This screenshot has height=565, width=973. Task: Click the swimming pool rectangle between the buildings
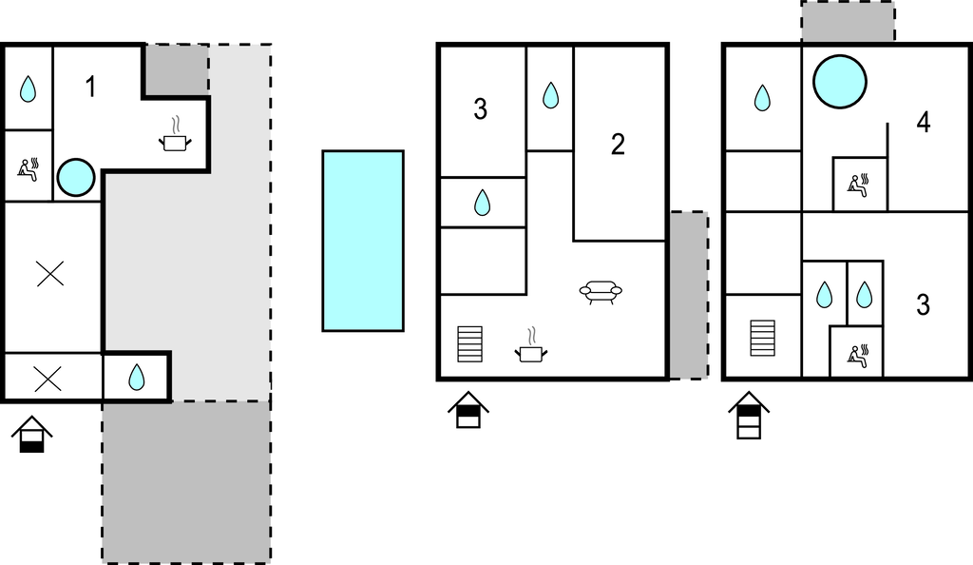pyautogui.click(x=362, y=241)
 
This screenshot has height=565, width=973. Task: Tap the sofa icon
pyautogui.click(x=600, y=292)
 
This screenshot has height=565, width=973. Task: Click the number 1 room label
pyautogui.click(x=90, y=88)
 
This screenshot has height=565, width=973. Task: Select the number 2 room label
pyautogui.click(x=618, y=145)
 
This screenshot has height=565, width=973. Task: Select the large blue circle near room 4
pyautogui.click(x=840, y=81)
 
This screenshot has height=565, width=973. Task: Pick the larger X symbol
pyautogui.click(x=49, y=276)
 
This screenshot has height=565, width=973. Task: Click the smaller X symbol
pyautogui.click(x=48, y=379)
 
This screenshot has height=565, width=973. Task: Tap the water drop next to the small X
pyautogui.click(x=137, y=378)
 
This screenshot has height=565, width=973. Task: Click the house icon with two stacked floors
pyautogui.click(x=749, y=417)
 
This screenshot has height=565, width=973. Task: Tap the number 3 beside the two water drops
pyautogui.click(x=923, y=305)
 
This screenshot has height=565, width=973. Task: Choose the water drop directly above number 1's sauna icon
pyautogui.click(x=29, y=89)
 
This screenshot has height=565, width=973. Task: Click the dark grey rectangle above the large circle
pyautogui.click(x=848, y=22)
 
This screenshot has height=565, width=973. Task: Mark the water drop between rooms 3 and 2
pyautogui.click(x=550, y=95)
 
